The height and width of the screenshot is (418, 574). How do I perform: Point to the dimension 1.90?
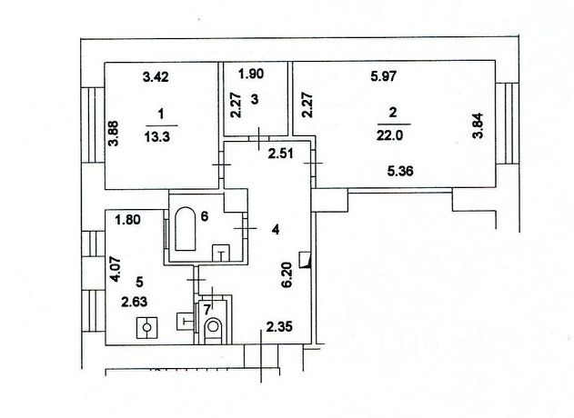point(251,75)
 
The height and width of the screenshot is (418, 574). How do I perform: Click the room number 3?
point(256,101)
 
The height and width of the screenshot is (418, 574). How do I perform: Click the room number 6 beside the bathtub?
point(206,216)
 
